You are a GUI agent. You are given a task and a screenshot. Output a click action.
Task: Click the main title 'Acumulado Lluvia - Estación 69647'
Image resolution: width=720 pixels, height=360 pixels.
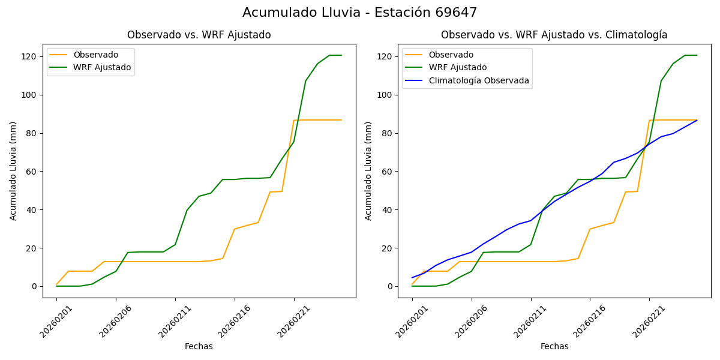[360, 13]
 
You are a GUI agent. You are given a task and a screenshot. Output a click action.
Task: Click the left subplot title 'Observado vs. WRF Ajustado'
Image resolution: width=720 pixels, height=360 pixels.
[199, 35]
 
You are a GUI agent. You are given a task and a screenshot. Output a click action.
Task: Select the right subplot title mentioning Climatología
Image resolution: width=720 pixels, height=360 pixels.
[554, 35]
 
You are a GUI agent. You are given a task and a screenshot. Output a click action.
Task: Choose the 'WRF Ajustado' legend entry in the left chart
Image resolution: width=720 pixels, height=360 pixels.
[102, 67]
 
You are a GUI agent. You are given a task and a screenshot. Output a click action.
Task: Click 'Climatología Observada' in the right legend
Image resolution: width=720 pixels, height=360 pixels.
[479, 80]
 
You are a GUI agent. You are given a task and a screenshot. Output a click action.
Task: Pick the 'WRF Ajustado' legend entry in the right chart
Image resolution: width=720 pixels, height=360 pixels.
[457, 67]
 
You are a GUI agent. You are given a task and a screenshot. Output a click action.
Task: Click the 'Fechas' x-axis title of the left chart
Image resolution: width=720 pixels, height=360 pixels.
[199, 346]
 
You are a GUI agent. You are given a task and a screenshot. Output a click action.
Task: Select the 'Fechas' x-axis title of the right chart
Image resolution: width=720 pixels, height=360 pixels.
[554, 346]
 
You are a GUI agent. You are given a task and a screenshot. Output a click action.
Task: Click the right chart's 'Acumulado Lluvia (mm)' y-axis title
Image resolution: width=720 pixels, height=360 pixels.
[369, 171]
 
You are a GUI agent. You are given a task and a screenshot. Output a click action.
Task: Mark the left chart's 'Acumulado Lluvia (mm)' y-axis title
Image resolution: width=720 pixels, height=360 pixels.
[13, 171]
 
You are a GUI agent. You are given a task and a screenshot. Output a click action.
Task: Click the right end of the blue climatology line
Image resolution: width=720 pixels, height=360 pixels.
[697, 120]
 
